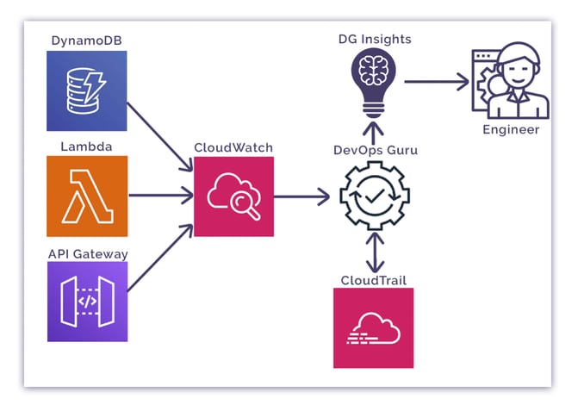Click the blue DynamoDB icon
click(87, 90)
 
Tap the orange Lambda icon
click(87, 196)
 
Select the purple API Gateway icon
click(87, 301)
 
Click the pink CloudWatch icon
click(233, 196)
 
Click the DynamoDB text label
click(87, 40)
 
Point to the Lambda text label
click(87, 146)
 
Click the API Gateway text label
click(87, 253)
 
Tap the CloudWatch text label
click(233, 147)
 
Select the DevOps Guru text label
click(375, 150)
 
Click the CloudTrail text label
click(373, 280)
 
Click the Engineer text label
click(511, 129)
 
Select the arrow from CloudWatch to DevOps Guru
click(302, 196)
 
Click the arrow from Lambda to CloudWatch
click(160, 196)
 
